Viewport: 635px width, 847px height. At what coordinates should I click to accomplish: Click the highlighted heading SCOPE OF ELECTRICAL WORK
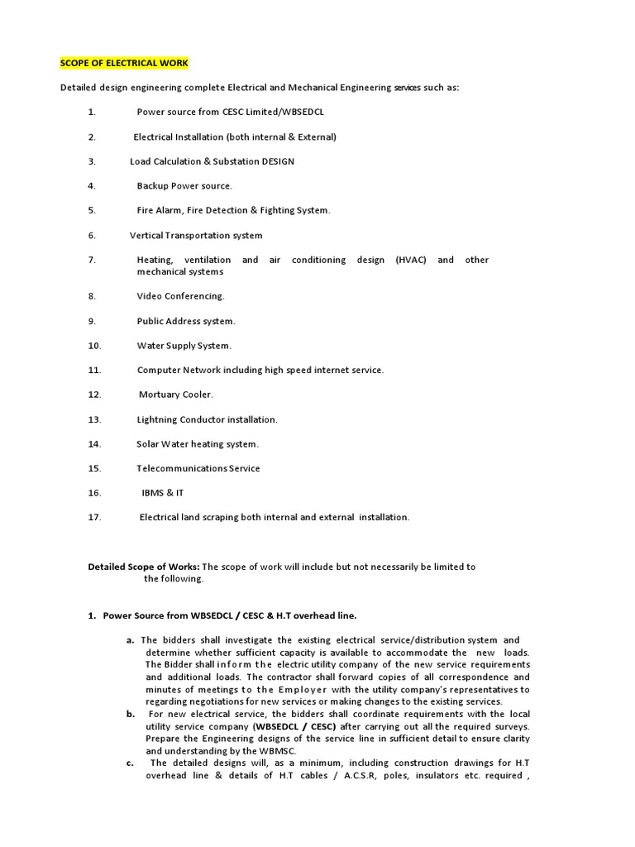[124, 63]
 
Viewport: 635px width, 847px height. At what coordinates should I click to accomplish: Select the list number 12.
[94, 395]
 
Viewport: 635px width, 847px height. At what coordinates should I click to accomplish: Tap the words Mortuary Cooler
[175, 395]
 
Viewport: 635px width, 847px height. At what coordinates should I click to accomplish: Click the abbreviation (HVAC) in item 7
[411, 260]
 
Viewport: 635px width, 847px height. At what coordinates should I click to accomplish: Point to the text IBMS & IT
[162, 492]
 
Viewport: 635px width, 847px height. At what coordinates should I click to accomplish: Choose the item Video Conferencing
[180, 295]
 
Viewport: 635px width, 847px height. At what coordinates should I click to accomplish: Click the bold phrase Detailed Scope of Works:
[144, 567]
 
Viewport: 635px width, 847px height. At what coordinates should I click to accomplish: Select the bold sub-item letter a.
[131, 640]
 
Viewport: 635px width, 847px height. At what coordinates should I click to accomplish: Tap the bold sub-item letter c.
[131, 763]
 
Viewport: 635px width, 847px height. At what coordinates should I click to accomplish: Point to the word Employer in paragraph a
[303, 689]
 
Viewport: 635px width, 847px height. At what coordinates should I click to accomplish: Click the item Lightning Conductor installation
[207, 419]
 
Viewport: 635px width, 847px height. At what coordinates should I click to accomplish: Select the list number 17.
[94, 517]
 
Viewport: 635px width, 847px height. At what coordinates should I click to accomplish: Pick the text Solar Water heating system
[198, 443]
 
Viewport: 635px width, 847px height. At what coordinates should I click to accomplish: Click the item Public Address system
[186, 321]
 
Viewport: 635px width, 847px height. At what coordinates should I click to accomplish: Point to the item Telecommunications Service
[198, 468]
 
